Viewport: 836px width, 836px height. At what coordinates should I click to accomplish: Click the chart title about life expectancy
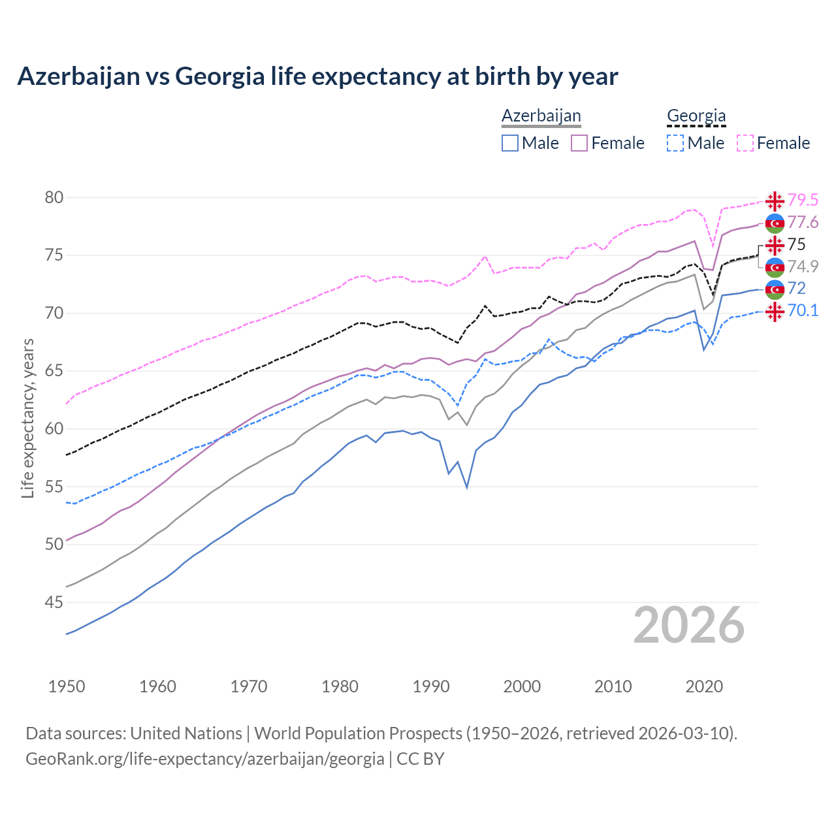tap(317, 76)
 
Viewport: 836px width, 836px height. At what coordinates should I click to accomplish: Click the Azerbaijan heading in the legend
tap(541, 116)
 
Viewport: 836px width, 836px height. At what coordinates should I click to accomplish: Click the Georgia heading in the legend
tap(696, 116)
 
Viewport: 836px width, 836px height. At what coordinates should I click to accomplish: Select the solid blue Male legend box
tap(510, 143)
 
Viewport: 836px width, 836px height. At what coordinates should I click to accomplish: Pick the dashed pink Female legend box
tap(745, 143)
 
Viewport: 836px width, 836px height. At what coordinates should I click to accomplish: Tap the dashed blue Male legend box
tap(675, 143)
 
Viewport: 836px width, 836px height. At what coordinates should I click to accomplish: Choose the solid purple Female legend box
tap(580, 143)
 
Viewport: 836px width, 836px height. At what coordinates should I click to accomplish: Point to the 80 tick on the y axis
tap(54, 197)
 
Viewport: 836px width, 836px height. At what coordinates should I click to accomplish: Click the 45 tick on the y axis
tap(54, 602)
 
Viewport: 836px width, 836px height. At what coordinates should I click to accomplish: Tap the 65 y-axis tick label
tap(54, 371)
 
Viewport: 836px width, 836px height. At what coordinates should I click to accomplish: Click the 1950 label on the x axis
tap(67, 686)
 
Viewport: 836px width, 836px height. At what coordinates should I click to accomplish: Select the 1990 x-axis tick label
tap(431, 686)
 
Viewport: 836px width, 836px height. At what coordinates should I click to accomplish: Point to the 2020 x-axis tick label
tap(704, 686)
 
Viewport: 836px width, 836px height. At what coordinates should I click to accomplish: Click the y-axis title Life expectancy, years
tap(27, 418)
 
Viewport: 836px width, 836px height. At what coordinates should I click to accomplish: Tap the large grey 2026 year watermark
tap(689, 625)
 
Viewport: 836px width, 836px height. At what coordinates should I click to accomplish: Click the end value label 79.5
tap(803, 200)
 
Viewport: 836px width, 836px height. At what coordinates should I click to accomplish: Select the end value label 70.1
tap(803, 310)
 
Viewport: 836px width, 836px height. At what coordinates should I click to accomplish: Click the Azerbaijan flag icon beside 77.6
tap(775, 223)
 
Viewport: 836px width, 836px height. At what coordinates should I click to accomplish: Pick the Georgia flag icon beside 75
tap(775, 245)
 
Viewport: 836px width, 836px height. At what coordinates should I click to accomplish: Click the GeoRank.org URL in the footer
tap(204, 759)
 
